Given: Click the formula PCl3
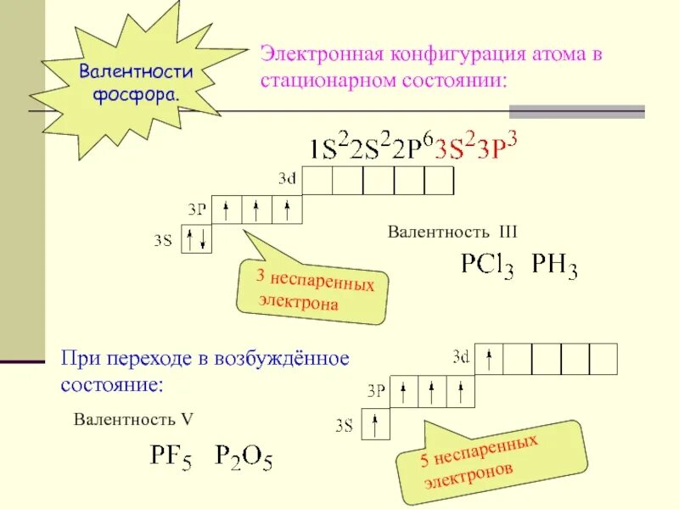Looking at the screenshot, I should pos(487,266).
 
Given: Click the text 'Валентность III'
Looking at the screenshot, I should pos(452,232).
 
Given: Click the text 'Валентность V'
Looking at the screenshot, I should pos(134,419).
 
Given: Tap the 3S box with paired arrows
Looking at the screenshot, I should pos(197,238).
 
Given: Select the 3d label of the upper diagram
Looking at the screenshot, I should pos(287,179).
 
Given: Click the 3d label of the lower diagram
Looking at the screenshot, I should pos(461,356).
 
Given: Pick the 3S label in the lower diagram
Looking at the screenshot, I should pos(344,425).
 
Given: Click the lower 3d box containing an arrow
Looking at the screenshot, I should pos(489,358).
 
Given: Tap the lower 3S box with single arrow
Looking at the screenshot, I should pos(375,423).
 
